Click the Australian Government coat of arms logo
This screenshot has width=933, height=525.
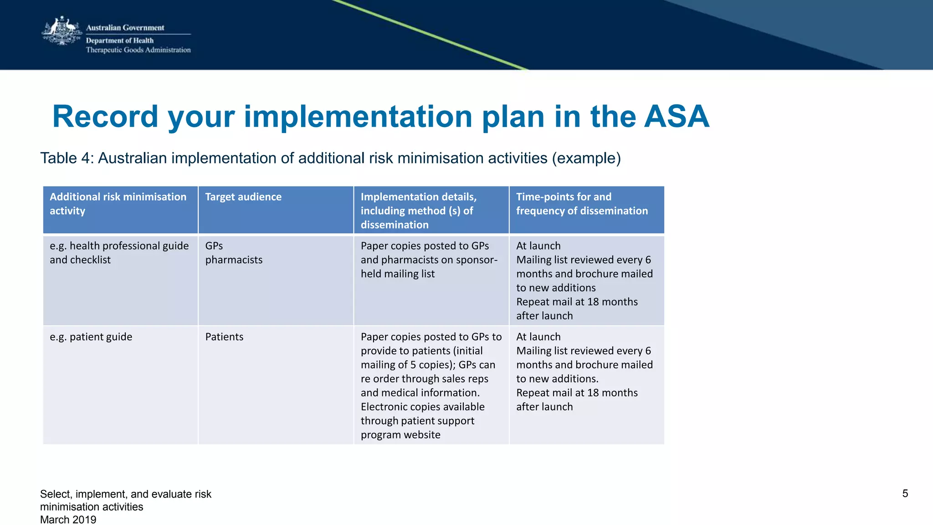coord(62,31)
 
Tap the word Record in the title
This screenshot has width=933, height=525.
coord(105,117)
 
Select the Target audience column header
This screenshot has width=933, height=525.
coord(243,197)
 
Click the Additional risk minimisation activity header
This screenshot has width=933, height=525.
coord(118,204)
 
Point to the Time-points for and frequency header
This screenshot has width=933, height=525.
coord(582,204)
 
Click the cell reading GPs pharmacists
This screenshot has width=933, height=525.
coord(234,253)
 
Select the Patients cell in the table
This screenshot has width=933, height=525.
coord(224,337)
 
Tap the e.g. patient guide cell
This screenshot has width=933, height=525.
coord(91,337)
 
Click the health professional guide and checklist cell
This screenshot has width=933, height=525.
coord(119,253)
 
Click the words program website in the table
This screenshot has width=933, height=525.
coord(400,435)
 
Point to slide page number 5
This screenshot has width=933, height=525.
coord(905,494)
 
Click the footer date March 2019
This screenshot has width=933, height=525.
coord(68,520)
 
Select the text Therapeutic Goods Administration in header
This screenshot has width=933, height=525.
coord(138,50)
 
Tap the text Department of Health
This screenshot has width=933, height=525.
coord(120,41)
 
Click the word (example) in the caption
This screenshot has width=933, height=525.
coord(586,158)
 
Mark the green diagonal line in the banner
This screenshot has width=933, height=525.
coord(430,35)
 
